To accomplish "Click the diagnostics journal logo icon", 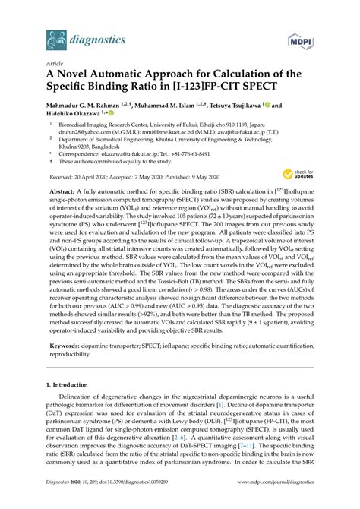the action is tap(55, 35).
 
